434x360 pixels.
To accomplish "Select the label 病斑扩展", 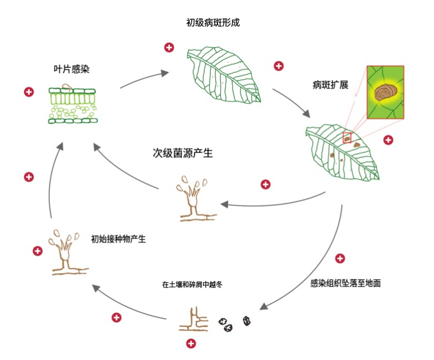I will (330, 85).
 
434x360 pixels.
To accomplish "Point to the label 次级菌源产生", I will (183, 153).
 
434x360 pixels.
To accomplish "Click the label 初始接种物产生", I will (118, 239).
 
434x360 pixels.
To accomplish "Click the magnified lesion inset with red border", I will (385, 93).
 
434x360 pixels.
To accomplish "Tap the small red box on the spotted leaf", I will (347, 137).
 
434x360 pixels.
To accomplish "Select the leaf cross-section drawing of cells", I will (71, 105).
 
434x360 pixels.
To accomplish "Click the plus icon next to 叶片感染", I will (29, 91).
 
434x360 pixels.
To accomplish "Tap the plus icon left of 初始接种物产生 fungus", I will (38, 251).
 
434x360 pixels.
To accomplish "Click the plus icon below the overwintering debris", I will (191, 343).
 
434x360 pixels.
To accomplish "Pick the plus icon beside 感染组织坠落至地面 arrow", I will (339, 259).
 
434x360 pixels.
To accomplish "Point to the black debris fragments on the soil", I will (234, 324).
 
